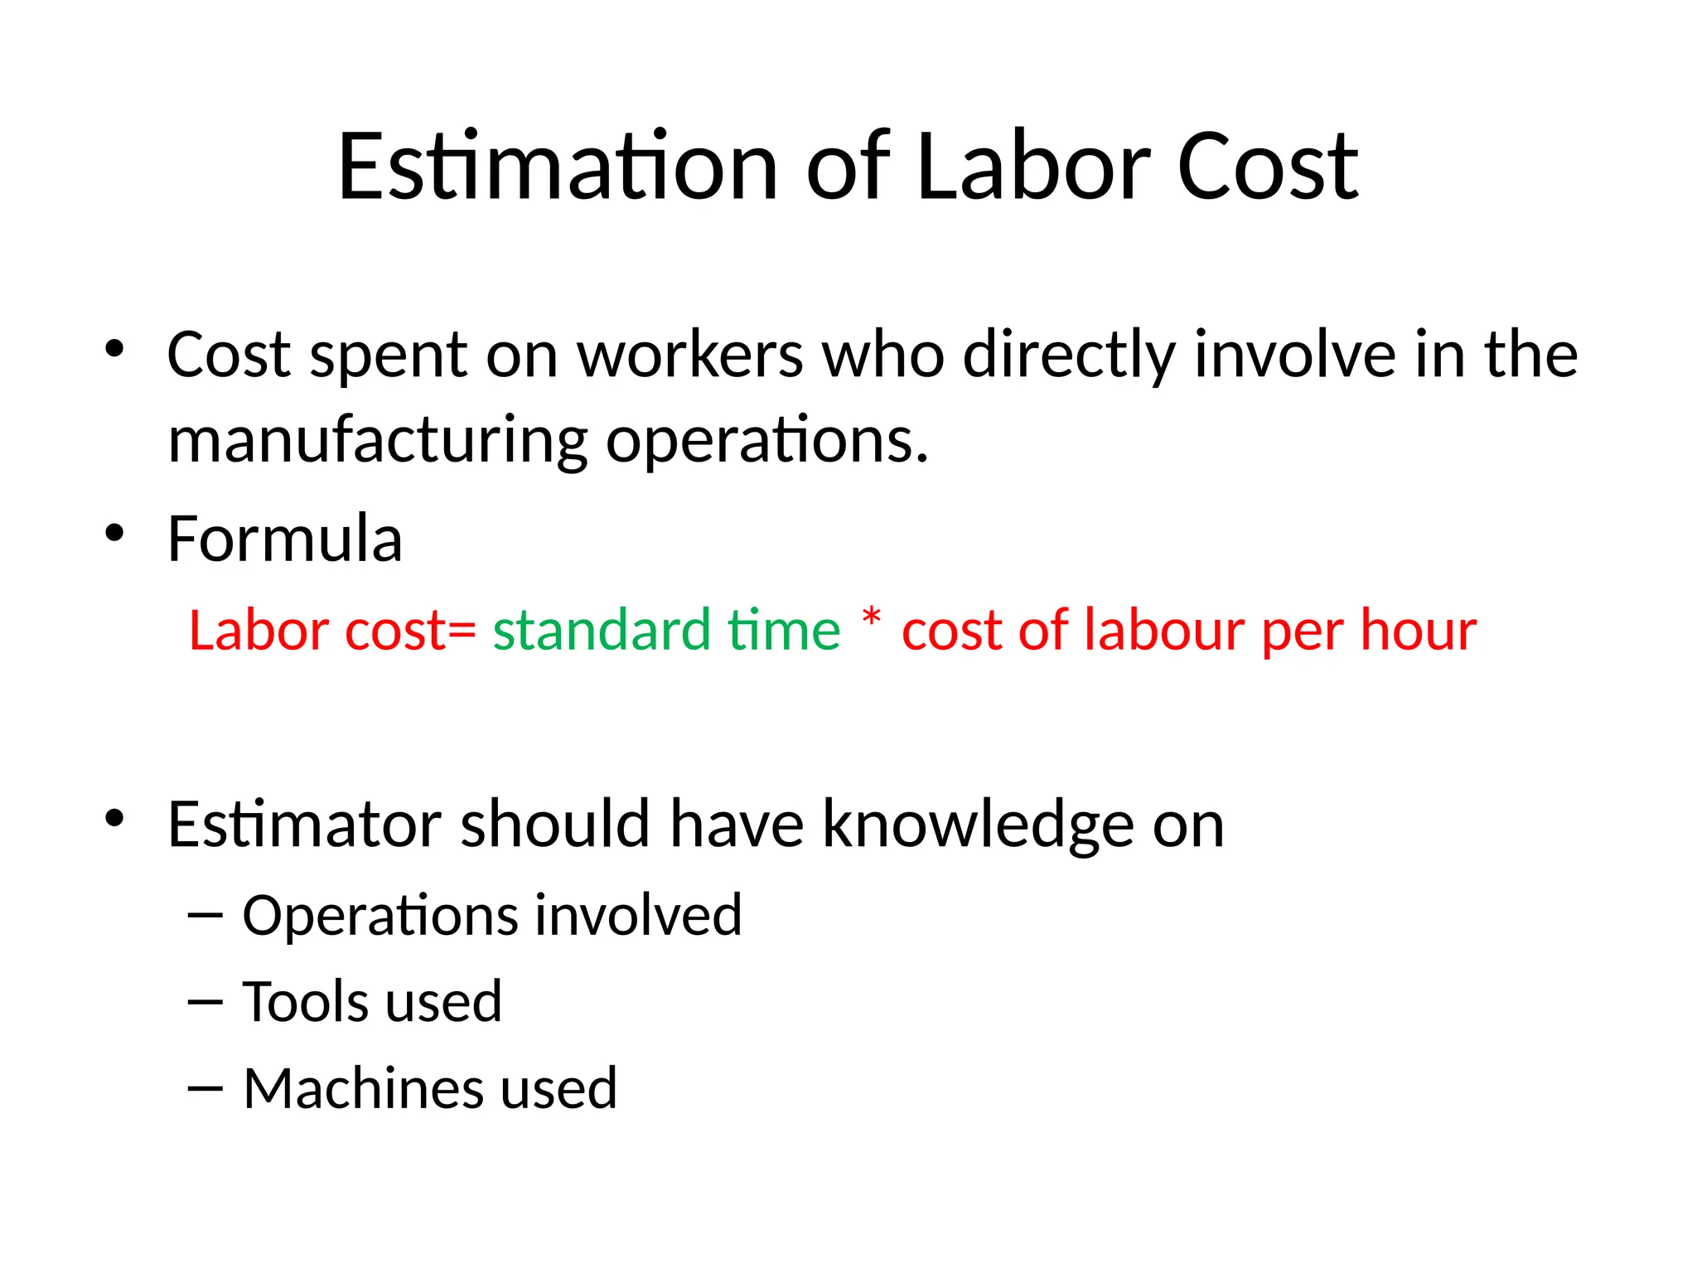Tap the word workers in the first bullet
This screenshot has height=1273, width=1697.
pos(690,355)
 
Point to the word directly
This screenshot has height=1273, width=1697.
pos(1069,355)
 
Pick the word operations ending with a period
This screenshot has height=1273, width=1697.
pos(767,441)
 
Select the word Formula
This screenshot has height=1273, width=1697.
pos(285,539)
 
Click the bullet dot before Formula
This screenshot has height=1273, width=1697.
pos(114,532)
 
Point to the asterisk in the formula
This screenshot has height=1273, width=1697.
pos(871,618)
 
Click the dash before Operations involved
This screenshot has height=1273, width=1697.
pos(205,915)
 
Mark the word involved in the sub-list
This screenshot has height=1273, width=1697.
pos(638,915)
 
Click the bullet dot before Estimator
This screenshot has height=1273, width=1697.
pos(114,818)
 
